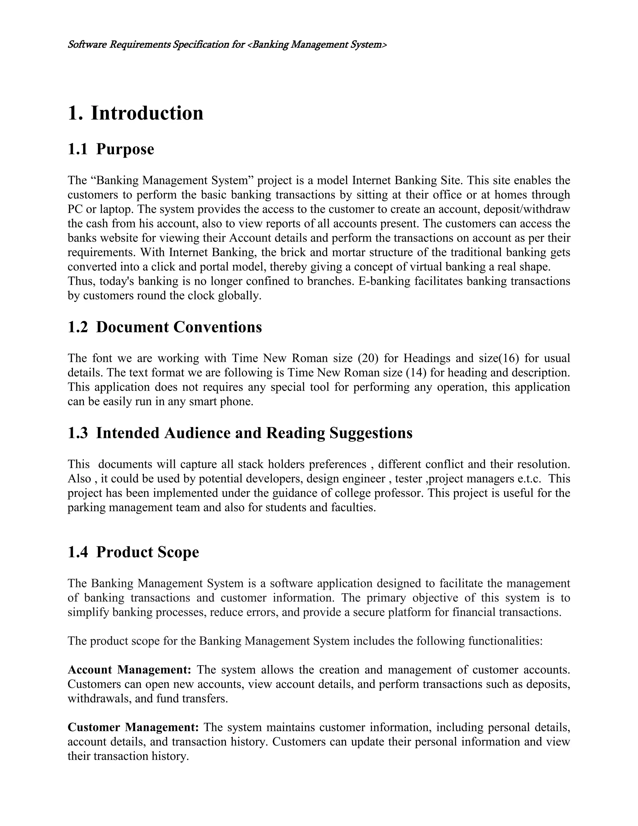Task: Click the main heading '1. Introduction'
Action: click(x=135, y=113)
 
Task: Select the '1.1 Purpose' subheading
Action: click(x=111, y=149)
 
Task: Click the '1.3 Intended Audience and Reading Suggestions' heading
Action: click(x=240, y=433)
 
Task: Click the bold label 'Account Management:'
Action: click(x=130, y=670)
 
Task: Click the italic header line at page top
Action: click(x=227, y=45)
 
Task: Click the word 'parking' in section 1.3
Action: click(x=87, y=507)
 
